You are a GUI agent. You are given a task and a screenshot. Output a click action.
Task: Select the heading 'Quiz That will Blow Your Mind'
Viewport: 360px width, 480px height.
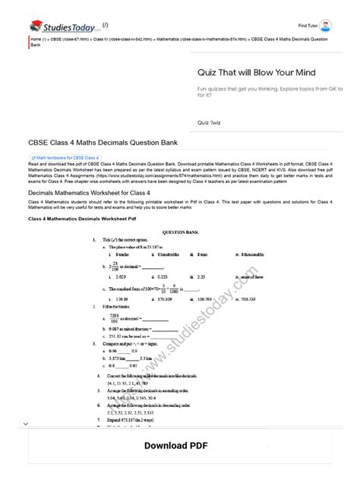[257, 72]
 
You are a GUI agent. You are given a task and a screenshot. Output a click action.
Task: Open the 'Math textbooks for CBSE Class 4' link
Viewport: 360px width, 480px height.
[60, 157]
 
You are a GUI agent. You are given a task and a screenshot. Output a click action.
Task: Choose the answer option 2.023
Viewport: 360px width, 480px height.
[117, 278]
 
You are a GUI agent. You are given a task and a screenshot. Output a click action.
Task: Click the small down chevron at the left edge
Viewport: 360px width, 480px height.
[25, 423]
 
